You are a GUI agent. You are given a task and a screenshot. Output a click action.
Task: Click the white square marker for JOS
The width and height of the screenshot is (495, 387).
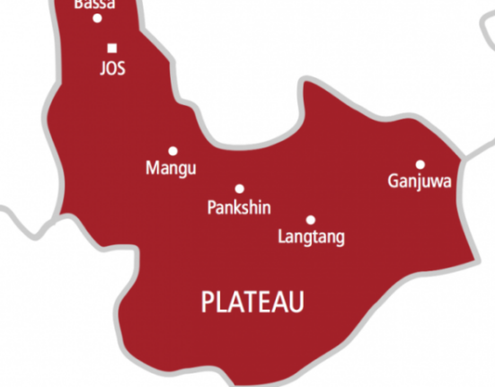111,48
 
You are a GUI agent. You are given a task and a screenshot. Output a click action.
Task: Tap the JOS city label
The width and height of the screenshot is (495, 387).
111,68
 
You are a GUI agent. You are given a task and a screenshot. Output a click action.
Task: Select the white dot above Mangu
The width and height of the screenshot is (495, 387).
172,151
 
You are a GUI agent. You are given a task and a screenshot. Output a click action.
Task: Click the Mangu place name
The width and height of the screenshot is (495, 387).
171,168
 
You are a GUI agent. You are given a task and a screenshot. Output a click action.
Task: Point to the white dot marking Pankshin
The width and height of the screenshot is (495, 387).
240,189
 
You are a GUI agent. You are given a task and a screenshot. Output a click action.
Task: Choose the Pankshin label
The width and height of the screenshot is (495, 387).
239,207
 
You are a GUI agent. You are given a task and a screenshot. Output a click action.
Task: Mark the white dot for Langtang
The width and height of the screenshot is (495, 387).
311,219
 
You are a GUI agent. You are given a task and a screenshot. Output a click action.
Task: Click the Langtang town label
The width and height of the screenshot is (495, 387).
311,238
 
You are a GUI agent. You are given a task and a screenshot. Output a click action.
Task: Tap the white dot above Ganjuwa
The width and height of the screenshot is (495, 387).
420,164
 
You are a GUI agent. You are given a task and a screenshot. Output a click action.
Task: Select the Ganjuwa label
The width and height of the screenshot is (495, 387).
420,182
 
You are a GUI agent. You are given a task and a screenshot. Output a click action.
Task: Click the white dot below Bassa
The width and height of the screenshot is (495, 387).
98,18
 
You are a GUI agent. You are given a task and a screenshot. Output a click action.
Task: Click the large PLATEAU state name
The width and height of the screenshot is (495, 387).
252,302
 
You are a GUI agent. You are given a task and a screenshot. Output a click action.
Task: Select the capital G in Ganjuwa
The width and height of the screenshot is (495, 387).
393,181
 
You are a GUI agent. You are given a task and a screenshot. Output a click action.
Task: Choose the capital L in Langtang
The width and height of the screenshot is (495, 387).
282,237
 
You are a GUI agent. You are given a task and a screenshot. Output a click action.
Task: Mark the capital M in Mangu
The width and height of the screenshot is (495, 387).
152,168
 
